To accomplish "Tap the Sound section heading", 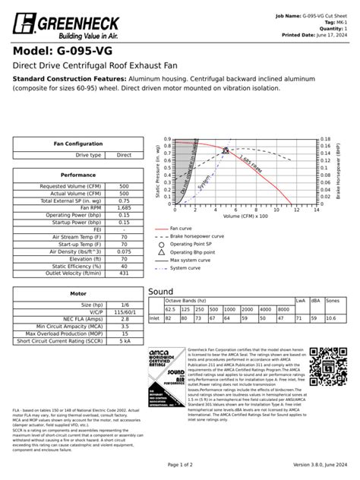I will pyautogui.click(x=161, y=292).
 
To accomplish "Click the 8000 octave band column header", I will pyautogui.click(x=282, y=310).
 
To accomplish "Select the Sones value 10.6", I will pyautogui.click(x=331, y=319).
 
